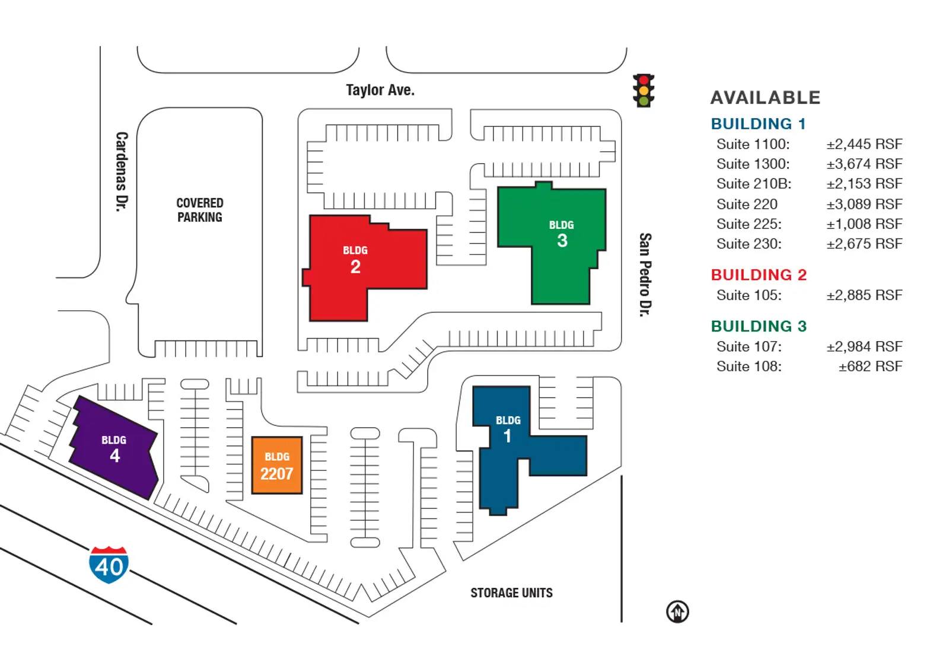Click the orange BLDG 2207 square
click(x=277, y=466)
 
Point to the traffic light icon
click(x=643, y=91)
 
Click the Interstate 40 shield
click(x=109, y=565)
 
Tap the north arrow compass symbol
click(x=677, y=612)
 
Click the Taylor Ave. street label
click(x=380, y=90)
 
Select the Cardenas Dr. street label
click(x=122, y=171)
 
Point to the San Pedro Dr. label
click(x=645, y=274)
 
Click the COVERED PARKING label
click(x=200, y=210)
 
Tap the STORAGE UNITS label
click(x=511, y=593)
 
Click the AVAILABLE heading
click(x=765, y=98)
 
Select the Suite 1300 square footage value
click(x=864, y=164)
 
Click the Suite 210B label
click(x=753, y=184)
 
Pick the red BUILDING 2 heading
click(x=759, y=275)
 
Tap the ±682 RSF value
click(x=870, y=367)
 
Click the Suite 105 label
click(x=749, y=295)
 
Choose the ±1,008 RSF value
click(x=864, y=224)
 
